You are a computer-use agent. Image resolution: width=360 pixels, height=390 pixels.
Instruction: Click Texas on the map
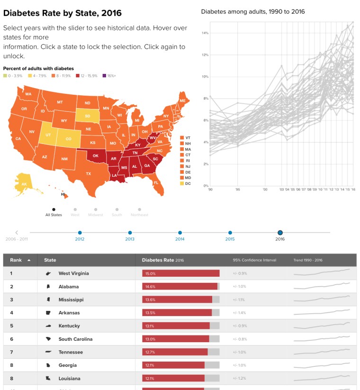tap(89, 173)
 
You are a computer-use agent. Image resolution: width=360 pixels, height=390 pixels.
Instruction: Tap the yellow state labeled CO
tap(69, 139)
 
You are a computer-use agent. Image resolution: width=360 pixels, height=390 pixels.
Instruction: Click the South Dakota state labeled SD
tap(88, 115)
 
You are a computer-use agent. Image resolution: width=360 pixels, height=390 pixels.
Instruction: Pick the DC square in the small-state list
tap(182, 183)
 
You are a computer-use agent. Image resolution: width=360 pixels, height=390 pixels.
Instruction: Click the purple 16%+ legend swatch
tap(105, 76)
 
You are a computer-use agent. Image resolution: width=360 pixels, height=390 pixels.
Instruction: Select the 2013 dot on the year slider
tap(130, 233)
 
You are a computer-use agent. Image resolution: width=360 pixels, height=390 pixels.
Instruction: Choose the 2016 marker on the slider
tap(280, 233)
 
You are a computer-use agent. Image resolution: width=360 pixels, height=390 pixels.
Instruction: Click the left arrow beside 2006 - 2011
tap(17, 233)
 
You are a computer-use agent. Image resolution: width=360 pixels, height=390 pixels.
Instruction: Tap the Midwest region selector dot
tap(96, 209)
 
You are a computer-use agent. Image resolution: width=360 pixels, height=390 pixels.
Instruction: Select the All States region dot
tap(54, 209)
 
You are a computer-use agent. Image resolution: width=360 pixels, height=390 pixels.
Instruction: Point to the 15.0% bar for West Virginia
tap(180, 273)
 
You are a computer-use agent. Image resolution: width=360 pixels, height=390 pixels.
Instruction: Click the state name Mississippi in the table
tap(71, 299)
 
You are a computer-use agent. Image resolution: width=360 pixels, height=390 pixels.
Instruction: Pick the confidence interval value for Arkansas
tap(240, 313)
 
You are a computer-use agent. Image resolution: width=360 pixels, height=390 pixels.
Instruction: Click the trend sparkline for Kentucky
tap(322, 326)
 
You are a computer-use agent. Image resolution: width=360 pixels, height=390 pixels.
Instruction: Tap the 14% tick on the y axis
tap(206, 33)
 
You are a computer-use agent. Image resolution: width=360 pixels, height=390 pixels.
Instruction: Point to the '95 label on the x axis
tap(238, 189)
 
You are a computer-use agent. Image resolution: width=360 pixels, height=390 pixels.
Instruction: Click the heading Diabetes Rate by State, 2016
tap(62, 13)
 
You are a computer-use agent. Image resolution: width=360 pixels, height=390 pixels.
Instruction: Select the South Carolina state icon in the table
tap(48, 339)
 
